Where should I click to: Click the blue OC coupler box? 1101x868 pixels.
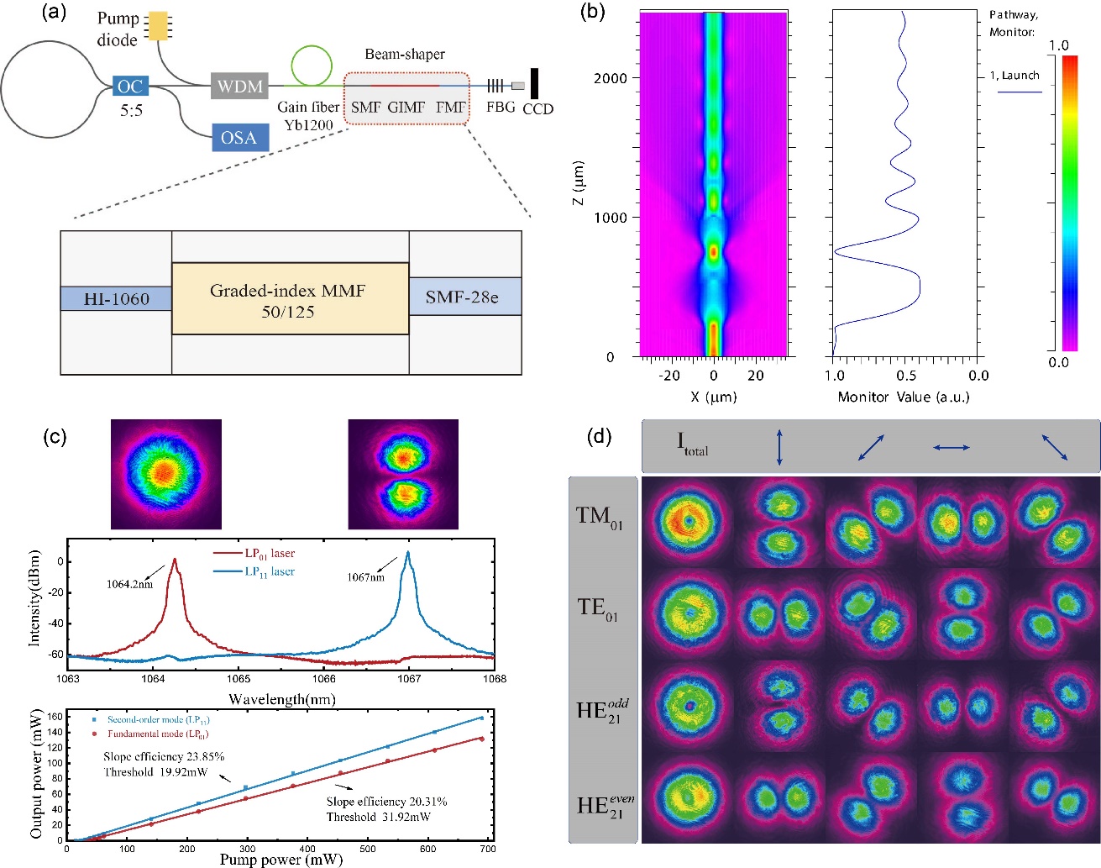click(130, 86)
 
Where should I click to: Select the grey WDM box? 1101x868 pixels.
click(240, 86)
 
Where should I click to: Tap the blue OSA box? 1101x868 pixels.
click(239, 138)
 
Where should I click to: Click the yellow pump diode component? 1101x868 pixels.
click(157, 25)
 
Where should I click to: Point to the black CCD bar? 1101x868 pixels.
click(534, 83)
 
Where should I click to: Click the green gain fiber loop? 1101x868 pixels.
click(312, 64)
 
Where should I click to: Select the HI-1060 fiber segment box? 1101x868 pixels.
click(116, 299)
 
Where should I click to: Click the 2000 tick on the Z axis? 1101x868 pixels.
click(611, 78)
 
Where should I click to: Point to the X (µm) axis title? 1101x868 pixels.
click(713, 397)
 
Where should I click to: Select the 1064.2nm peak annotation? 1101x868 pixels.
click(129, 584)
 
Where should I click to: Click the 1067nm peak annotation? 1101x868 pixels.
click(365, 577)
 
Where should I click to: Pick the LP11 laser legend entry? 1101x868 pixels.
click(269, 571)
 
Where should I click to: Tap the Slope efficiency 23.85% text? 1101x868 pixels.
click(164, 756)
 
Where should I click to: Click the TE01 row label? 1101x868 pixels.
click(597, 608)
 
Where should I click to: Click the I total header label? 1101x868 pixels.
click(693, 444)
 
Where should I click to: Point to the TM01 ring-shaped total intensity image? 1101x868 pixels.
click(689, 521)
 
